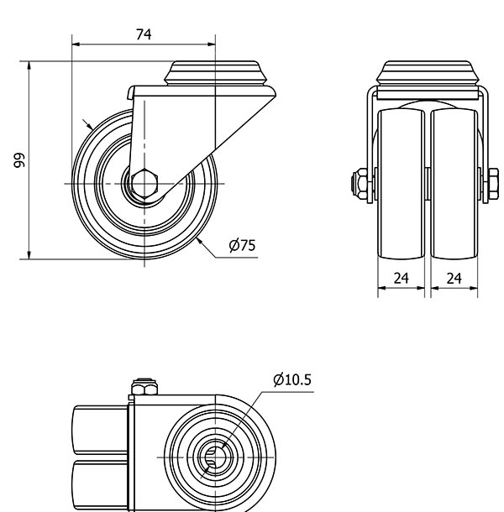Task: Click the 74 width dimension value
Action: pyautogui.click(x=144, y=34)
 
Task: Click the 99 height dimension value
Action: pyautogui.click(x=19, y=160)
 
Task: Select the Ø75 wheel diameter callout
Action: pyautogui.click(x=242, y=245)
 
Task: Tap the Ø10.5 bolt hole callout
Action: pyautogui.click(x=292, y=379)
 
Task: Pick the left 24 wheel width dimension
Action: pyautogui.click(x=401, y=278)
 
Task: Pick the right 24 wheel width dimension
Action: pyautogui.click(x=454, y=278)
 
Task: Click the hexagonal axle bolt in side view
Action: pyautogui.click(x=144, y=184)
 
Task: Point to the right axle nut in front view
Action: pyautogui.click(x=494, y=184)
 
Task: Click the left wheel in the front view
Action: pyautogui.click(x=401, y=184)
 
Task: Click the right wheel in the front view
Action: pyautogui.click(x=454, y=184)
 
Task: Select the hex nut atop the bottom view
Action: pyautogui.click(x=144, y=387)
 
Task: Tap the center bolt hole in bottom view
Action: pyautogui.click(x=215, y=457)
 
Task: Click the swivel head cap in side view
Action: pyautogui.click(x=211, y=73)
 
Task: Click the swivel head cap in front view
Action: pyautogui.click(x=428, y=73)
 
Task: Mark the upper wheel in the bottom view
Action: pyautogui.click(x=100, y=430)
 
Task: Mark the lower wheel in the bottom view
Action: pyautogui.click(x=100, y=485)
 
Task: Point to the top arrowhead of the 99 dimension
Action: pyautogui.click(x=29, y=65)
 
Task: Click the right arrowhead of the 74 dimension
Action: pyautogui.click(x=211, y=44)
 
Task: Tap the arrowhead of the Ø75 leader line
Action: pyautogui.click(x=199, y=241)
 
